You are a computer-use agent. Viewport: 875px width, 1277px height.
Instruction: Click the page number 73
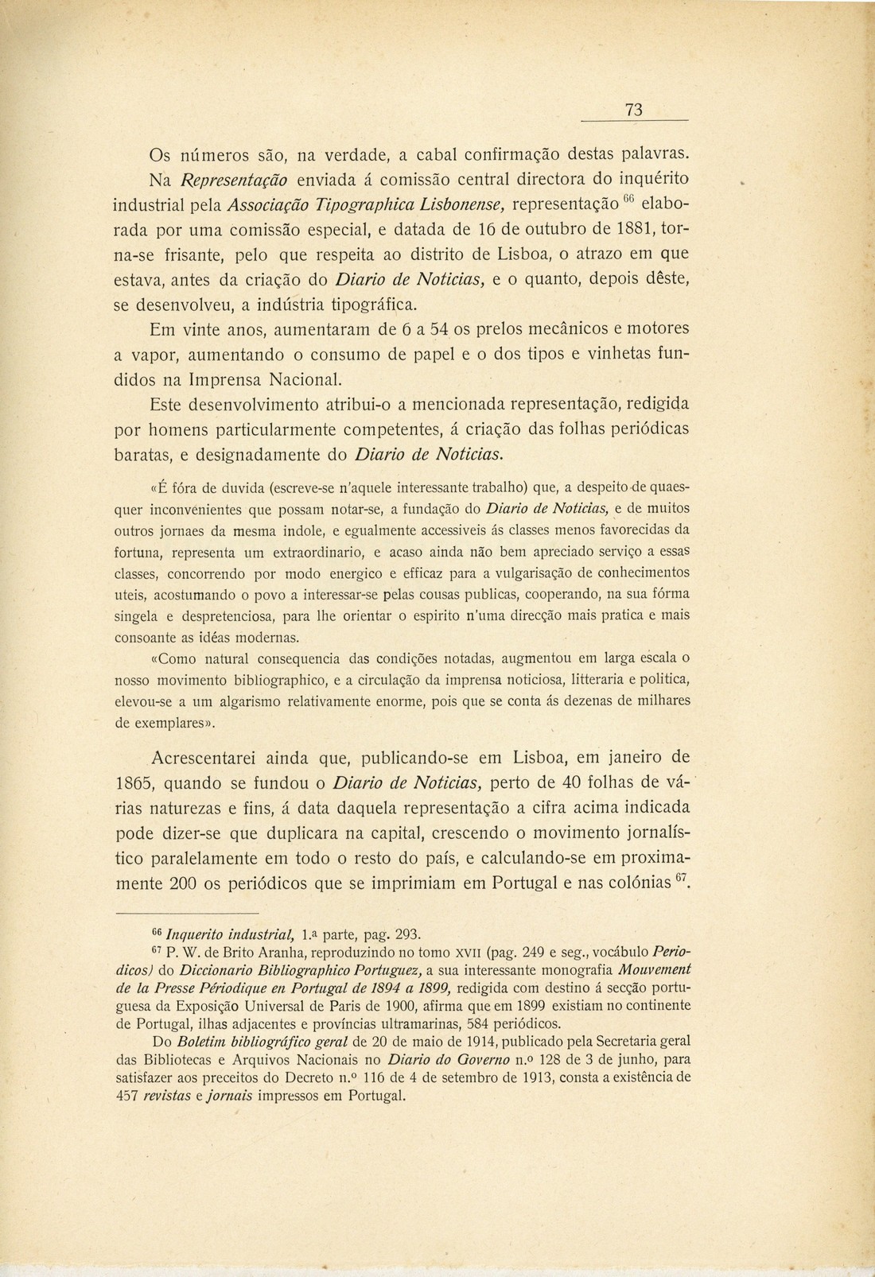[x=633, y=111]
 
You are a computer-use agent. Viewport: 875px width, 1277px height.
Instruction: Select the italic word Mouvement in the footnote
[x=653, y=969]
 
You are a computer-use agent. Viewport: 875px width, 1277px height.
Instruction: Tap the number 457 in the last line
[x=130, y=1094]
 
